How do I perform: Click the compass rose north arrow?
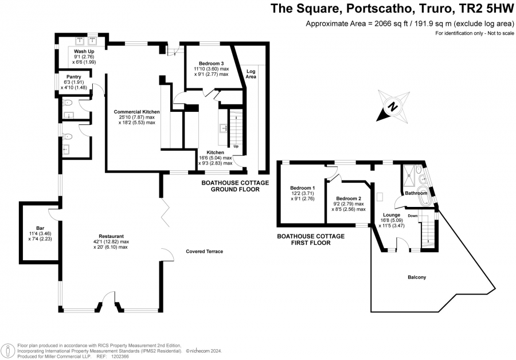pos(393,107)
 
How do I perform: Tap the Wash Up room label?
pos(84,52)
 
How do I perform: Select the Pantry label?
pos(74,77)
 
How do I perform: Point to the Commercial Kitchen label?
pos(136,112)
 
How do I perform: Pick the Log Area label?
pos(251,74)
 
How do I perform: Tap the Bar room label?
pos(40,228)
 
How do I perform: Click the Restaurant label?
pos(111,236)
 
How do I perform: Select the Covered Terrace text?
pos(204,252)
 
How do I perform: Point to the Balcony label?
pos(417,277)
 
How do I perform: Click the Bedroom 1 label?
pos(302,188)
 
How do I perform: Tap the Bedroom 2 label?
pos(349,198)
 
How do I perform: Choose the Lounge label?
pos(392,215)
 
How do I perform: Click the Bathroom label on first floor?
pos(416,193)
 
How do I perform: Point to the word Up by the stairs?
pos(236,146)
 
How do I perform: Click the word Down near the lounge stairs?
pos(413,216)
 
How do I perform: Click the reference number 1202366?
pos(120,357)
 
